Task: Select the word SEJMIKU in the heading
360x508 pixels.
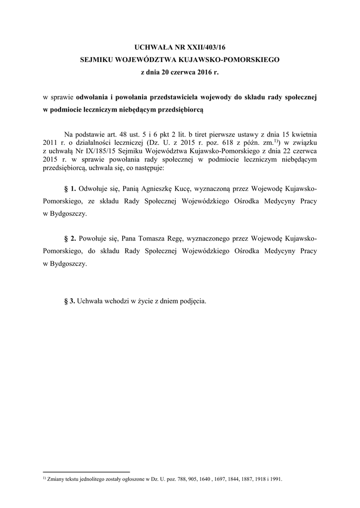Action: (x=97, y=60)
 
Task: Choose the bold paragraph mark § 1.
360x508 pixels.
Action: (x=71, y=190)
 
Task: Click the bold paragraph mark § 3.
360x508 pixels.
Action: (x=71, y=301)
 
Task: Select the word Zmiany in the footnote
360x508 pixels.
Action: (x=56, y=479)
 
